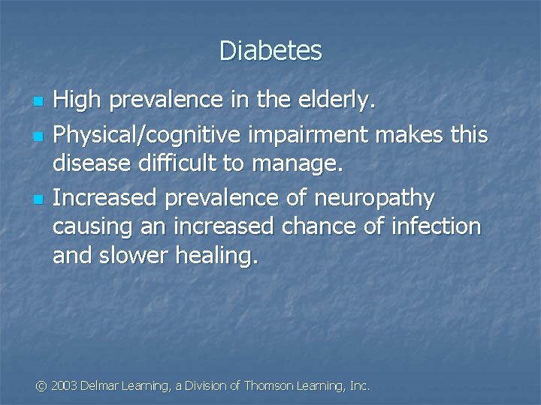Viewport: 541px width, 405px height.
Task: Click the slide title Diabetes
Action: [x=270, y=51]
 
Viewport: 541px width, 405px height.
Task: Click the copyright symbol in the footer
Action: [x=42, y=385]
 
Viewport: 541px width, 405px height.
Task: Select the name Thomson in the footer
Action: [x=271, y=385]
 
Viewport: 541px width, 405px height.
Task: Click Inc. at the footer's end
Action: [x=360, y=385]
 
